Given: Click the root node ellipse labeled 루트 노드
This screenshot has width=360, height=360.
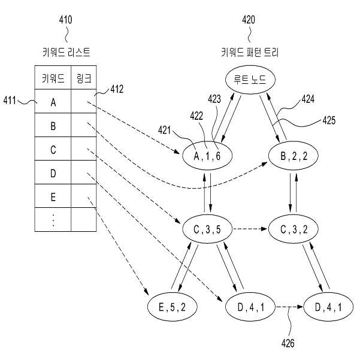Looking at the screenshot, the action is pos(250,80).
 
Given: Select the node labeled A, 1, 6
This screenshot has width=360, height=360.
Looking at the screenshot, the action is pos(207,156).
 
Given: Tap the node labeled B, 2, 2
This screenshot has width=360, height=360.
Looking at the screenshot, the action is pos(294,156).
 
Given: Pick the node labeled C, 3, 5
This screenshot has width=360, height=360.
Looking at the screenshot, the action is pos(207,229).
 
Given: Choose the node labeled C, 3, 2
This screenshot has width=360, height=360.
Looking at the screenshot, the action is pos(294,229).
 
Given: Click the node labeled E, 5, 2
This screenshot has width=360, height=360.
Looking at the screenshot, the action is pos(172,307).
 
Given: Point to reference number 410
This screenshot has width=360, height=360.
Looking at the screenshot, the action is pos(65,20).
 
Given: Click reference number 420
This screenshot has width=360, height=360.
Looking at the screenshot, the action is pos(249,20).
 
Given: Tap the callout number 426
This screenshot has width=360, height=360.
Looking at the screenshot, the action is pos(288,343).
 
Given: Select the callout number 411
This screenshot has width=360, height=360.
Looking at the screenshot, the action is pos(10,101).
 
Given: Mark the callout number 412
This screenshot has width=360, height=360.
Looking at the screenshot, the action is pos(117,89).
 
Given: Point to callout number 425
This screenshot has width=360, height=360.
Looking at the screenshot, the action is pos(329,120).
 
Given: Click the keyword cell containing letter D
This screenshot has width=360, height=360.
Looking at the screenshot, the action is pos(53,173).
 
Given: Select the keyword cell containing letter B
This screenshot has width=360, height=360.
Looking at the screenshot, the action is pos(53,125).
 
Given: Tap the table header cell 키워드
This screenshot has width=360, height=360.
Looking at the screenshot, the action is pos(53,78).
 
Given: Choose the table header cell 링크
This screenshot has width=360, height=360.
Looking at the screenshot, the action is pos(84,78).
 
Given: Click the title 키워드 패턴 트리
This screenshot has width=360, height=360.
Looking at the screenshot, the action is pos(250,52).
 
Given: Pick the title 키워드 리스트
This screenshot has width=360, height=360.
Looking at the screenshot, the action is pos(66,52).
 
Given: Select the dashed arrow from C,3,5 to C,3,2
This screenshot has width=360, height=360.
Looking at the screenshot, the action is pos(250,229).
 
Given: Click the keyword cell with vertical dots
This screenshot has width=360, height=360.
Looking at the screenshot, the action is pos(53,220).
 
